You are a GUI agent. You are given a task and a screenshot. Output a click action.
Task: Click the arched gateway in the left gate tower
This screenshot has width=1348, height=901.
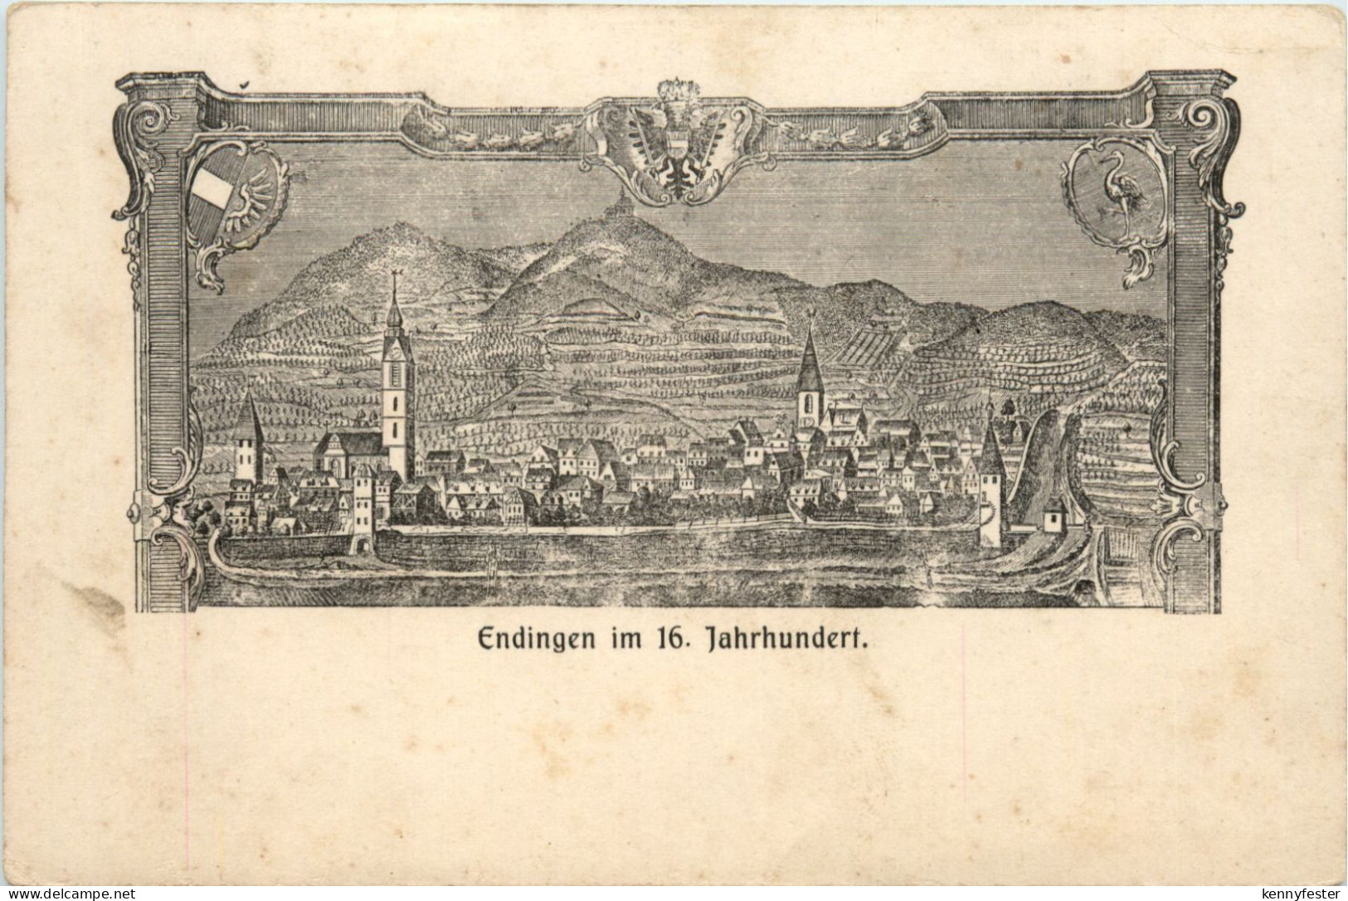click(x=362, y=543)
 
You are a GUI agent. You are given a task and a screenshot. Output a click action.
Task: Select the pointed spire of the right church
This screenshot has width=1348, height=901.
click(x=810, y=353)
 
